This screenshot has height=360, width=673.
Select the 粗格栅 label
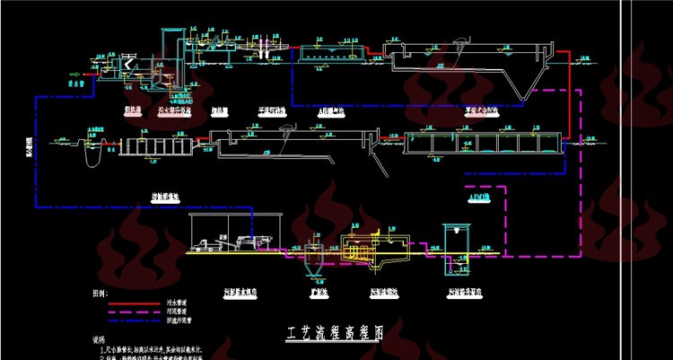(133, 110)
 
